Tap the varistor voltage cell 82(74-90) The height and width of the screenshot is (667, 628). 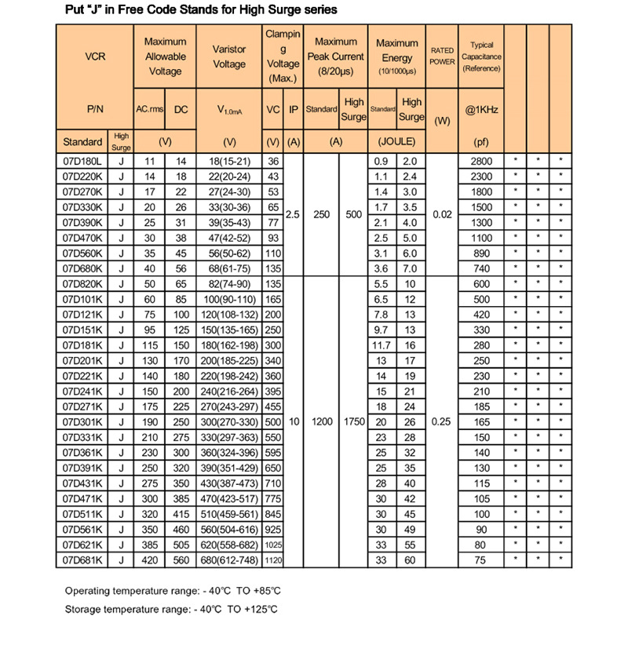tap(229, 283)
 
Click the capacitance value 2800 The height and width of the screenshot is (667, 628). tap(481, 161)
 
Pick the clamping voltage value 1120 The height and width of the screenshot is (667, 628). tap(273, 559)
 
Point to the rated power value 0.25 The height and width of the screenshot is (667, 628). tap(442, 421)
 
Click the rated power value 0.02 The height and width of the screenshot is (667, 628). tap(442, 214)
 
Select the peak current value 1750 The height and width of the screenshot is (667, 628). tap(354, 421)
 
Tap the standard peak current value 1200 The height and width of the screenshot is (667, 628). tap(321, 421)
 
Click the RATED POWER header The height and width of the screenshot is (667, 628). tap(442, 56)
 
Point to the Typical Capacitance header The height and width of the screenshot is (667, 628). tap(481, 56)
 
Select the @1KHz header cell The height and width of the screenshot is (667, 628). tap(481, 110)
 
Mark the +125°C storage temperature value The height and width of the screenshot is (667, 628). tap(262, 608)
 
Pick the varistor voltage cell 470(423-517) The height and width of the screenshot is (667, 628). tap(229, 498)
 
